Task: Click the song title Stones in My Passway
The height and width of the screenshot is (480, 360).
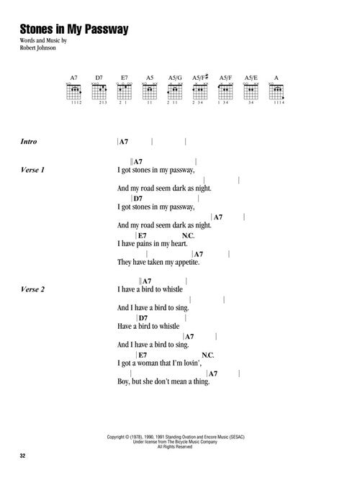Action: pyautogui.click(x=74, y=30)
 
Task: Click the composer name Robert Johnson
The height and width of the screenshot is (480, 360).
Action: pyautogui.click(x=37, y=47)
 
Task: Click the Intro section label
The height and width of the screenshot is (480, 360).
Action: pyautogui.click(x=29, y=142)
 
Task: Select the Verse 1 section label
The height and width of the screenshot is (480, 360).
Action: pyautogui.click(x=32, y=170)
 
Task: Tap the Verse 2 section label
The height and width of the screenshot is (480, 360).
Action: pyautogui.click(x=32, y=289)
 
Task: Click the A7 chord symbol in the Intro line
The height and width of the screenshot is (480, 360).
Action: pyautogui.click(x=123, y=142)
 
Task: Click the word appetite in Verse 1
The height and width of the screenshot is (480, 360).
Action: pyautogui.click(x=187, y=263)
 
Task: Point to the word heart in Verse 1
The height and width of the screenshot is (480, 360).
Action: pyautogui.click(x=179, y=244)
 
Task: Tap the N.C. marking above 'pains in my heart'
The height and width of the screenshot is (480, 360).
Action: pyautogui.click(x=188, y=236)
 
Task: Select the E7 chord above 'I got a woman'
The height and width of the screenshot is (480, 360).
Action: pyautogui.click(x=143, y=355)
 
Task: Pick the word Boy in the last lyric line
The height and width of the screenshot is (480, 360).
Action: pyautogui.click(x=123, y=381)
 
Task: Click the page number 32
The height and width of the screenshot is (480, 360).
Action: pyautogui.click(x=22, y=456)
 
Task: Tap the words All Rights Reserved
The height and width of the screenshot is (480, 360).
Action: pyautogui.click(x=175, y=447)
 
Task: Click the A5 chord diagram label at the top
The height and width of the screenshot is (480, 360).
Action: pyautogui.click(x=150, y=78)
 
